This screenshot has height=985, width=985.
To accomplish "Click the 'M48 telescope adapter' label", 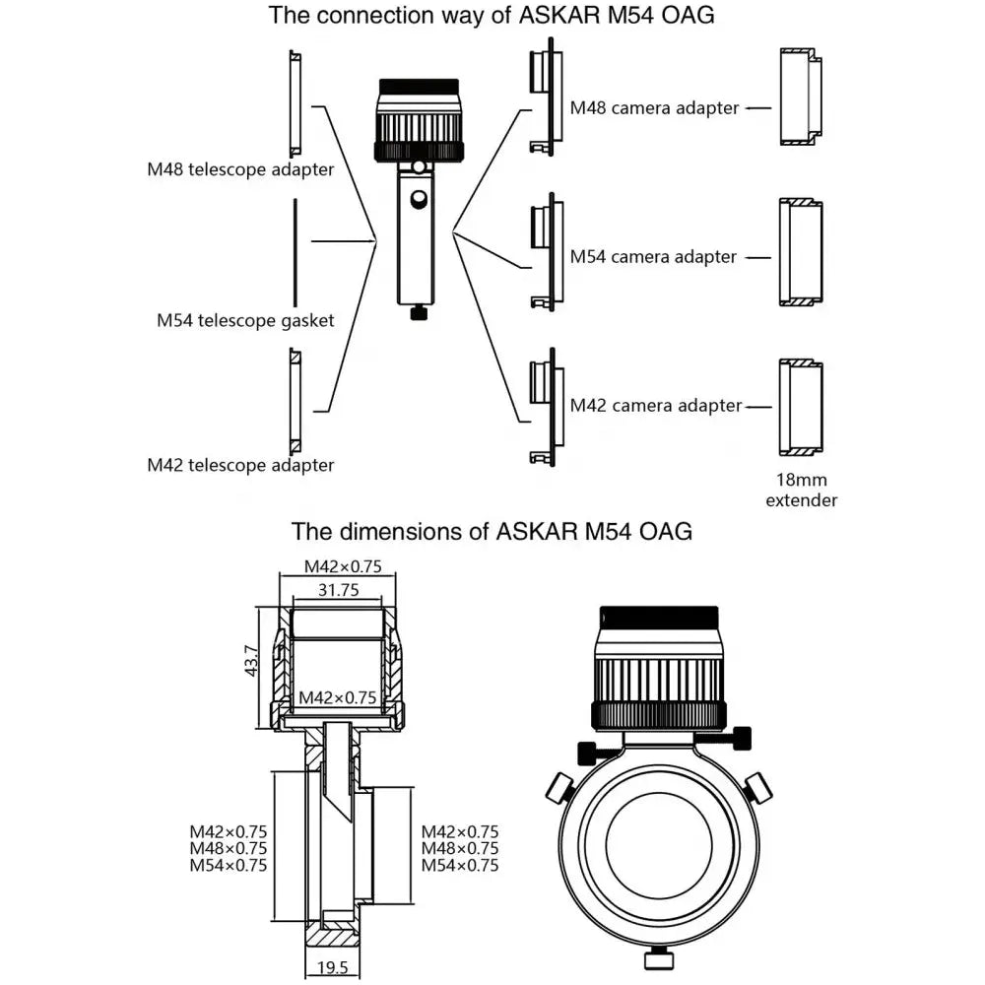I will pos(240,169).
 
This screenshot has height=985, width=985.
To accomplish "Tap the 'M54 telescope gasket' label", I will pos(245,320).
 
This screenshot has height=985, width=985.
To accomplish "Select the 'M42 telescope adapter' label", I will pos(240,464).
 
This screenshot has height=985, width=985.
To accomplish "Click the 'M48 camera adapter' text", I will pos(654,108).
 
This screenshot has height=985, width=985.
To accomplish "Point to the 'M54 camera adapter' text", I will pos(654,257).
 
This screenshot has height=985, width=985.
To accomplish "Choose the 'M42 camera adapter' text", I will pos(654,405).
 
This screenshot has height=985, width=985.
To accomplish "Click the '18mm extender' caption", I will pos(801,490).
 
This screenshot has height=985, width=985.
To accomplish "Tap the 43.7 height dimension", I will pos(251,660).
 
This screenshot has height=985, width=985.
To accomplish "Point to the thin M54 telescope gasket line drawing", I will pos(295,253).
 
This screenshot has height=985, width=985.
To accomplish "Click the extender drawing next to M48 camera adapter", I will pos(801,97).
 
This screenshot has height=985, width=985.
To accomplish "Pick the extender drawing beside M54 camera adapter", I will pos(801,252).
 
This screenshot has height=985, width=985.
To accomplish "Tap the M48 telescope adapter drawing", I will pos(295,99).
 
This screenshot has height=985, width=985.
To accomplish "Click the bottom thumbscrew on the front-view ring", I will pos(657,957).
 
